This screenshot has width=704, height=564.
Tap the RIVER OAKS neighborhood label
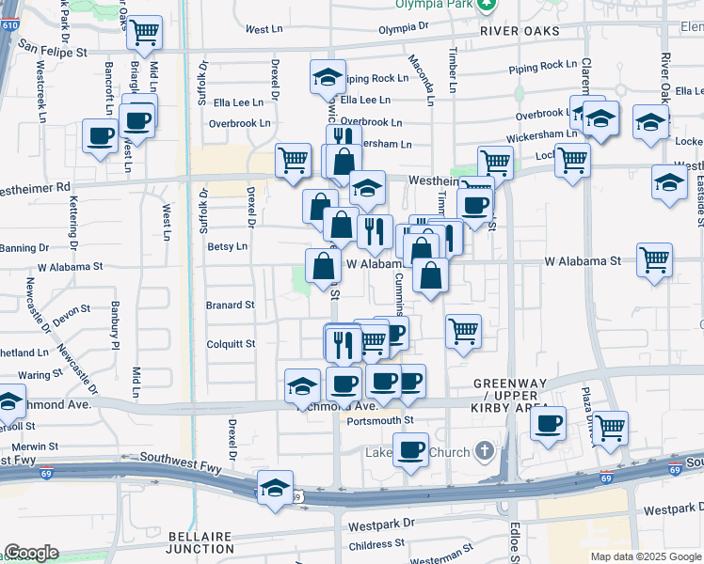pos(519,31)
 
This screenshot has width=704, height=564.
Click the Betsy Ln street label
pos(227,246)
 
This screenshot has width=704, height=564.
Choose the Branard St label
pos(231,305)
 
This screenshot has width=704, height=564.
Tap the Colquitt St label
pos(231,344)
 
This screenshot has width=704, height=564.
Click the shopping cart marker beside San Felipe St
pos(144,33)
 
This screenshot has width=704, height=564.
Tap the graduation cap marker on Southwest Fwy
pos(274,489)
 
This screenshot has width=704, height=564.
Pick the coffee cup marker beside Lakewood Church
pos(410,450)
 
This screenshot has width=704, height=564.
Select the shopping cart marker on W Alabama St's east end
pos(654,259)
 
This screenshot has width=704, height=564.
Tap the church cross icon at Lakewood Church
pos(485,452)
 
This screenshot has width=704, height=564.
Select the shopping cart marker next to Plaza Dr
pos(610,428)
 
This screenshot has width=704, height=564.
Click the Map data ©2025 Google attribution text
pos(645,556)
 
